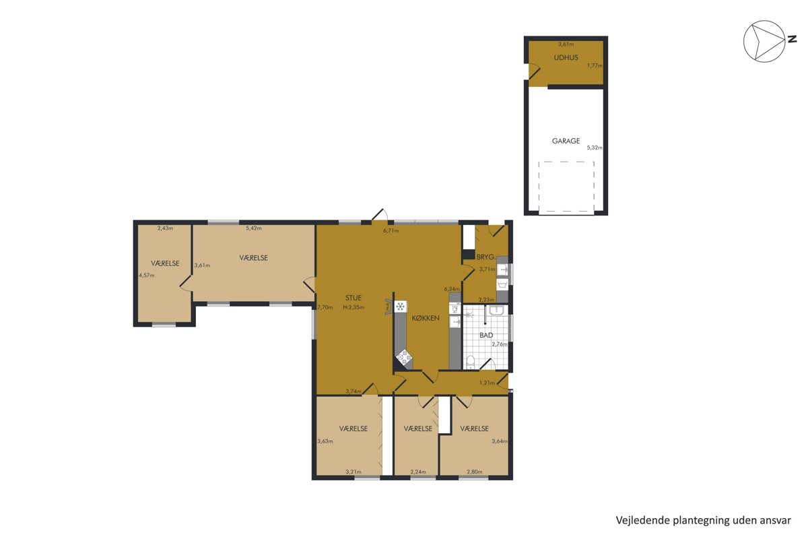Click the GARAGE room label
click(x=566, y=141)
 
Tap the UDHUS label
click(x=566, y=57)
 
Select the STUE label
click(x=353, y=298)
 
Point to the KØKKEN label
click(x=426, y=318)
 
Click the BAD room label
click(x=486, y=335)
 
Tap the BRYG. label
click(x=485, y=257)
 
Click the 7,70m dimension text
click(x=325, y=308)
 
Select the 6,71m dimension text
click(x=391, y=230)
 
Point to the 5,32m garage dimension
click(x=595, y=148)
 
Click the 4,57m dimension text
click(x=147, y=275)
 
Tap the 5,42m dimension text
click(x=254, y=228)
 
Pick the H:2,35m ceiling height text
click(x=353, y=308)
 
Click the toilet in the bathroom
click(x=470, y=362)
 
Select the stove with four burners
click(x=404, y=358)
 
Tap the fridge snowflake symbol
click(x=400, y=307)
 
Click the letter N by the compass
click(x=792, y=39)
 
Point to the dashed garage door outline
click(x=566, y=162)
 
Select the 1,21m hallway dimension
click(x=487, y=383)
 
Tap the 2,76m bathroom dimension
click(x=500, y=344)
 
